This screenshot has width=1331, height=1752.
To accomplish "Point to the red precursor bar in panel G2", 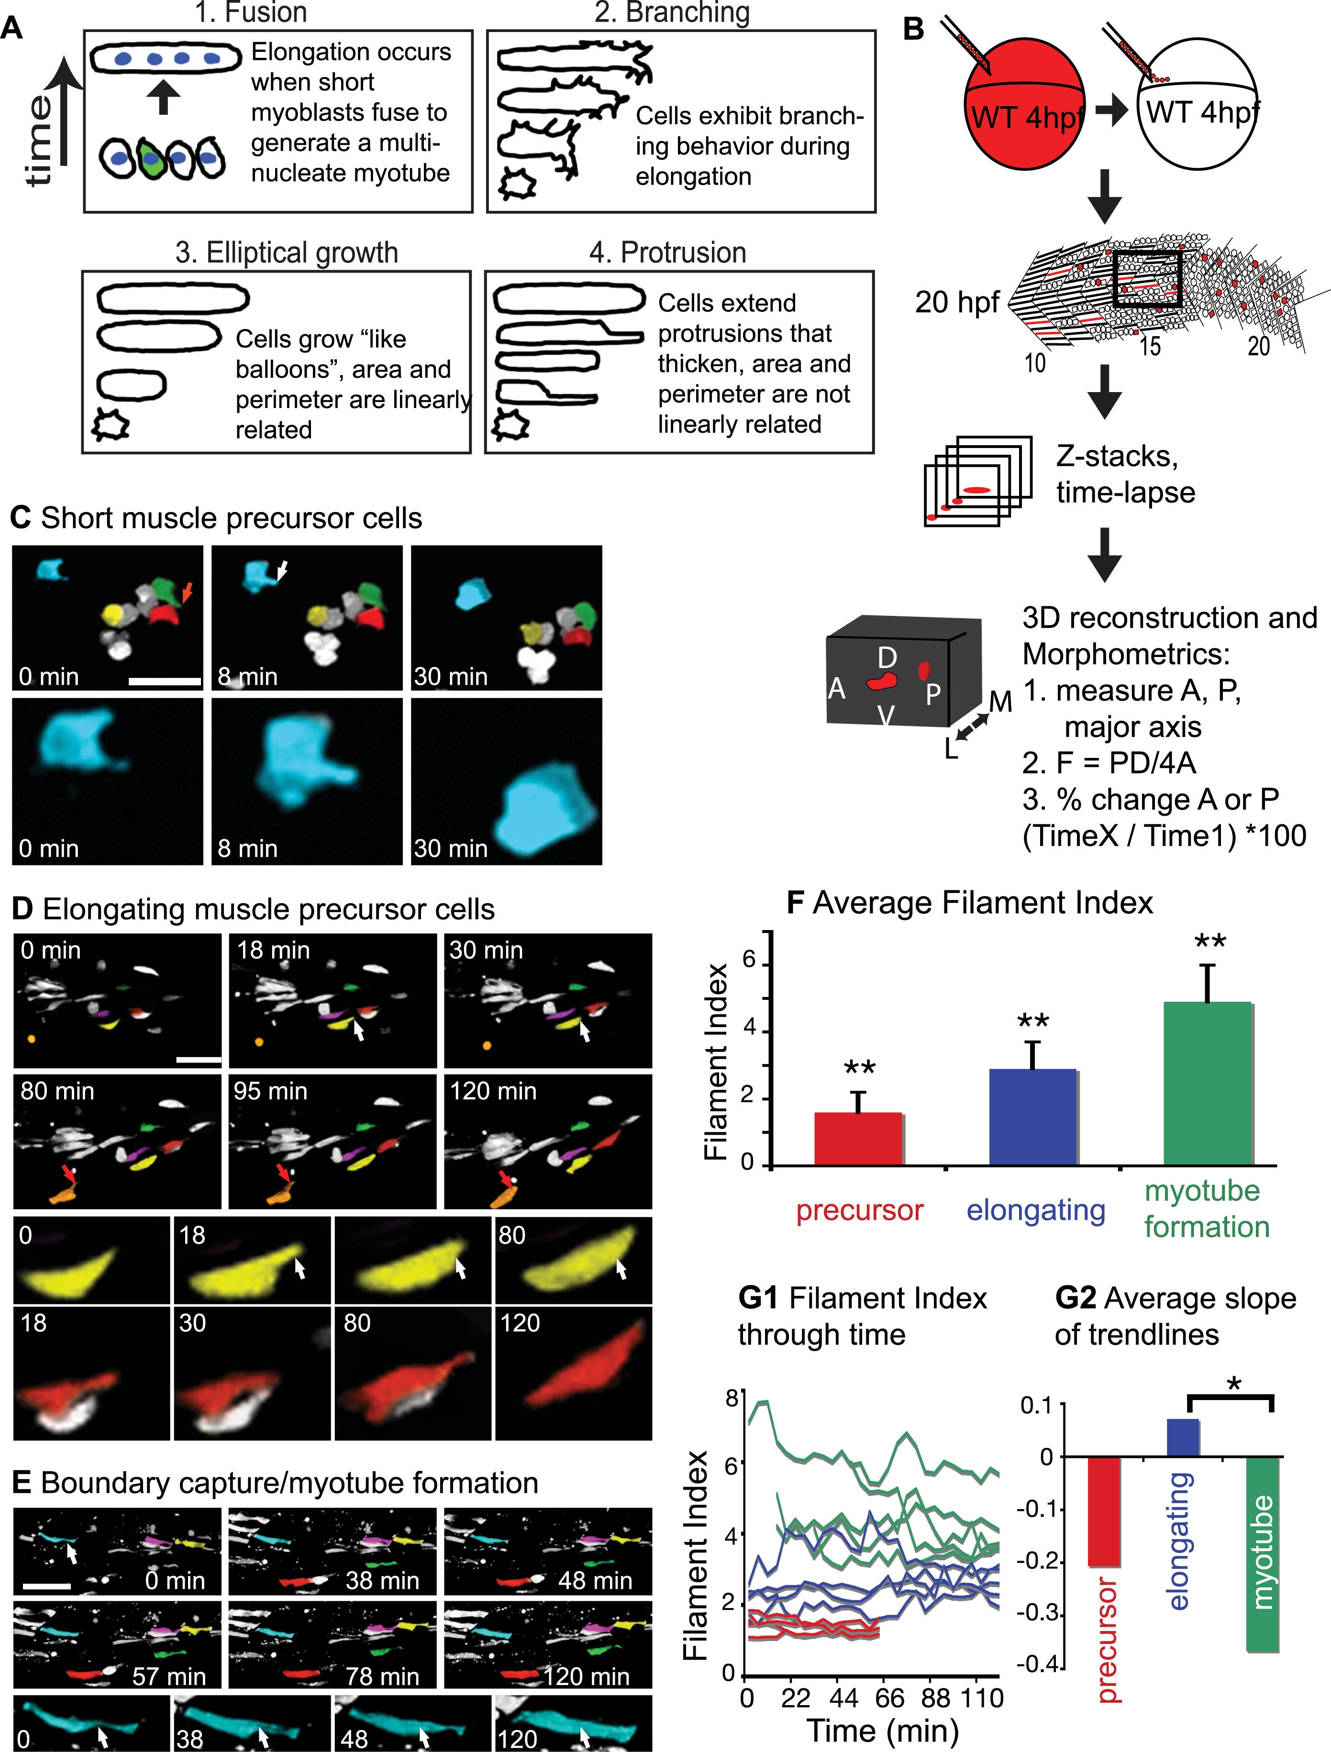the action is click(1104, 1511).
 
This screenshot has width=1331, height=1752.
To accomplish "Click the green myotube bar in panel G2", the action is click(1263, 1554).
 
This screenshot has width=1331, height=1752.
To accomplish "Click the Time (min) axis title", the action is click(882, 1730).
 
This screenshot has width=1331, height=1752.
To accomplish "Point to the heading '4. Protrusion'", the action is click(668, 252).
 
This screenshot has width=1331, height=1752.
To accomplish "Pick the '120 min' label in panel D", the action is click(494, 1092).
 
